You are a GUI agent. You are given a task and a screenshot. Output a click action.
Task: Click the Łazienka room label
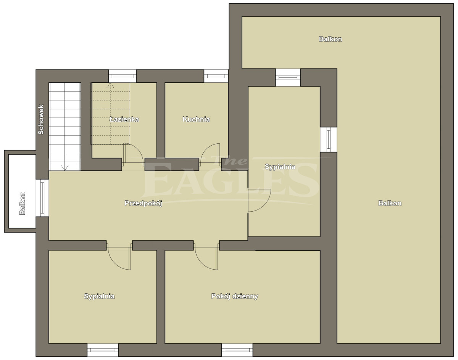point(124,119)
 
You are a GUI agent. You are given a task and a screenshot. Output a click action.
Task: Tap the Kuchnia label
point(196,119)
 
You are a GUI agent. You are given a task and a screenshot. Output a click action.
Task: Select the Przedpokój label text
point(144,203)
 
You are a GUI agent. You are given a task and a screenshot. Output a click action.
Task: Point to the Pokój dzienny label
point(234,296)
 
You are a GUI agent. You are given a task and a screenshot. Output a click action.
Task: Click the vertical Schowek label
point(41,119)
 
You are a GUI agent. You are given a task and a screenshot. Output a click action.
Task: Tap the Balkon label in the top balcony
point(330,39)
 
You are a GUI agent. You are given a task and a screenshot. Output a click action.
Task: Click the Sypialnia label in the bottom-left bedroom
point(99,296)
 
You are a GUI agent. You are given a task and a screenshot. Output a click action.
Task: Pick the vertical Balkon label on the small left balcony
point(23,203)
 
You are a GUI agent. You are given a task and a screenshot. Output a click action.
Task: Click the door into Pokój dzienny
point(202,264)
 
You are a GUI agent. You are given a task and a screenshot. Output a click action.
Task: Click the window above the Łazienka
point(123,76)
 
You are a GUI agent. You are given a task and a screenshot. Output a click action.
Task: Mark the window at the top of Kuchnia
point(216,76)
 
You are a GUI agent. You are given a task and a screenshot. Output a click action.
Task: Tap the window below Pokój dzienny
point(237,350)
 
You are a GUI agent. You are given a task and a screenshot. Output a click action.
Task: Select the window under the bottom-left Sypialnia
point(103,350)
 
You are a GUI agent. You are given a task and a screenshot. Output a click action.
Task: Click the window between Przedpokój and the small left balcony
point(42,198)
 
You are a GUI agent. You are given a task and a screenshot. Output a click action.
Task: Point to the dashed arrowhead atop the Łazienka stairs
point(110,85)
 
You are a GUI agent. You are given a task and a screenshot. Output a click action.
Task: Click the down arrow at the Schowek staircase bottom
point(65,168)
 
